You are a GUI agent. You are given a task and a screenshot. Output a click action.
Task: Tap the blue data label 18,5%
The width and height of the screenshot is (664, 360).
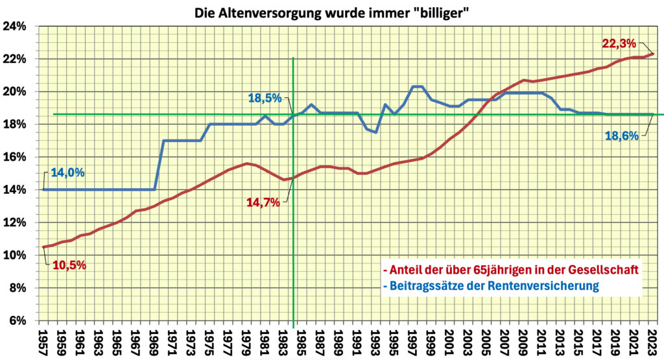click(x=265, y=99)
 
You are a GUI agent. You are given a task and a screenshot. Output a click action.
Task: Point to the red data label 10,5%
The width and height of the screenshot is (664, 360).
click(x=69, y=265)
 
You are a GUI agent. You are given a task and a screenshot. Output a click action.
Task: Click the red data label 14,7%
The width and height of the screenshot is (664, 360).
click(x=263, y=202)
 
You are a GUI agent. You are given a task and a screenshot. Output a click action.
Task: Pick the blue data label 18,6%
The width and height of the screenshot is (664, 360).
click(x=621, y=136)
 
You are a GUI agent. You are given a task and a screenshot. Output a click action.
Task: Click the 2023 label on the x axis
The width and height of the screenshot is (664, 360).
click(x=653, y=342)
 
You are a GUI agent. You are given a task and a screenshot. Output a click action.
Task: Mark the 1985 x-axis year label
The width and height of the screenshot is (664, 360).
click(x=302, y=342)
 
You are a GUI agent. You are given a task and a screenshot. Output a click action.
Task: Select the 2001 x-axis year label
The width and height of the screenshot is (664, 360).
click(x=450, y=342)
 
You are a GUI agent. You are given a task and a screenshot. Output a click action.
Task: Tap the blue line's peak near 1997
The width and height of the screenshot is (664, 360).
click(x=418, y=87)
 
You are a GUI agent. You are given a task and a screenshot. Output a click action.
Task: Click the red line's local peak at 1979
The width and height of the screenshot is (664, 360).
click(x=247, y=163)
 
